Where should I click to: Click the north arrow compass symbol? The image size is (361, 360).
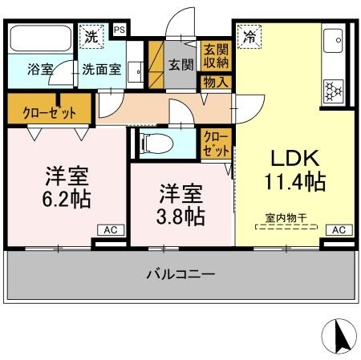pyautogui.click(x=340, y=335)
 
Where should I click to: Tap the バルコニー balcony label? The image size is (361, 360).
pyautogui.click(x=180, y=274)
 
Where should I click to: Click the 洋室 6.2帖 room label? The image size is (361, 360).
pyautogui.click(x=65, y=185)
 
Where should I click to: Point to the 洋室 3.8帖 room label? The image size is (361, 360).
pyautogui.click(x=180, y=204)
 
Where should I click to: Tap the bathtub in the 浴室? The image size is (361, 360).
pyautogui.click(x=39, y=40)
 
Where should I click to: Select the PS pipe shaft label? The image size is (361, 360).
pyautogui.click(x=120, y=30)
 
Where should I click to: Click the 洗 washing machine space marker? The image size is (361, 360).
pyautogui.click(x=91, y=37)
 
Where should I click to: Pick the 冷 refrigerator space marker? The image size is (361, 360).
pyautogui.click(x=249, y=37)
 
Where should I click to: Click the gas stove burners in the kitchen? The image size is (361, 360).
pyautogui.click(x=331, y=90)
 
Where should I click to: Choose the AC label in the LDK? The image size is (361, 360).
pyautogui.click(x=338, y=230)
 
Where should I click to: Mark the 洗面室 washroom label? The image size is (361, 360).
pyautogui.click(x=102, y=69)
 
